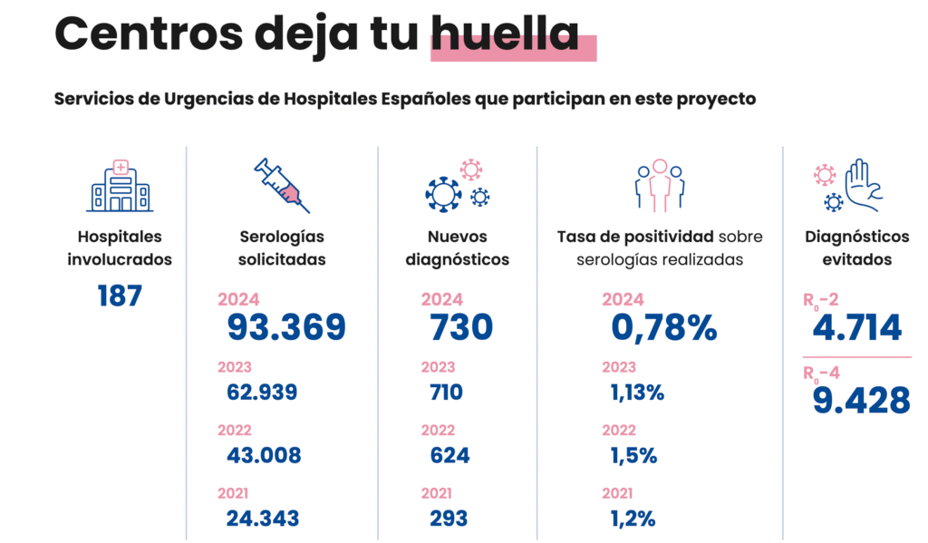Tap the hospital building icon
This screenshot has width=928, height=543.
[x=120, y=185]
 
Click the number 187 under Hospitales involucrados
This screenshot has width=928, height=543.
[x=120, y=296]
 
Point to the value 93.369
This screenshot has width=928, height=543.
[x=286, y=327]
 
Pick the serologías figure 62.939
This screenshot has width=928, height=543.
[x=262, y=393]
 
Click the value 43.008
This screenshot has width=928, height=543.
[x=264, y=455]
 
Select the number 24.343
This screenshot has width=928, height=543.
[x=263, y=519]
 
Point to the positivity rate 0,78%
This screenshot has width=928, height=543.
[x=663, y=327]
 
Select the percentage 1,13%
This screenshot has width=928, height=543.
[x=637, y=393]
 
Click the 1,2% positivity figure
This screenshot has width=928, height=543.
[x=632, y=519]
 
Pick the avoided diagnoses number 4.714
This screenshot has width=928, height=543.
[x=857, y=328]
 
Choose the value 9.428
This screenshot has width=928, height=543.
[x=861, y=399]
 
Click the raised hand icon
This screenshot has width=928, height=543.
[x=860, y=185]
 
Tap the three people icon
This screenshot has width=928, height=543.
[x=659, y=185]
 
